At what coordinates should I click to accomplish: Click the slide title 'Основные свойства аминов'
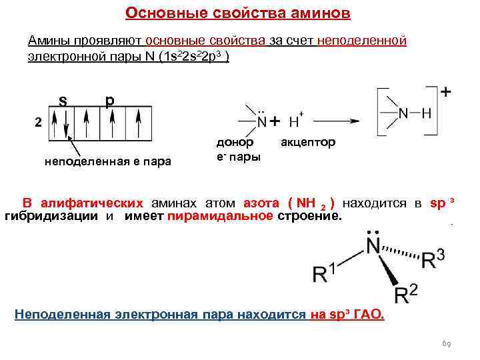pos(238,14)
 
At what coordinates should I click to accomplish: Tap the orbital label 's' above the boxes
pos(62,101)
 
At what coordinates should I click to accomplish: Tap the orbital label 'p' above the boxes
pos(109,101)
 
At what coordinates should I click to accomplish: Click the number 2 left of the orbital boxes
pos(39,123)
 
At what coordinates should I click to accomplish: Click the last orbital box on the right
pos(139,123)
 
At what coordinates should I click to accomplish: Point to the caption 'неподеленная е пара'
pos(107,161)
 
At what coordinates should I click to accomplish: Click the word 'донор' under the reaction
pos(234,143)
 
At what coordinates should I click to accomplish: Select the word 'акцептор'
pos(308,143)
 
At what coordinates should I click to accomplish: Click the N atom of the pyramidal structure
pos(372,247)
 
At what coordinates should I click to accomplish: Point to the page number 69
pos(447,344)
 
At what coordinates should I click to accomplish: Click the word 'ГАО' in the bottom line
pos(370,314)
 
